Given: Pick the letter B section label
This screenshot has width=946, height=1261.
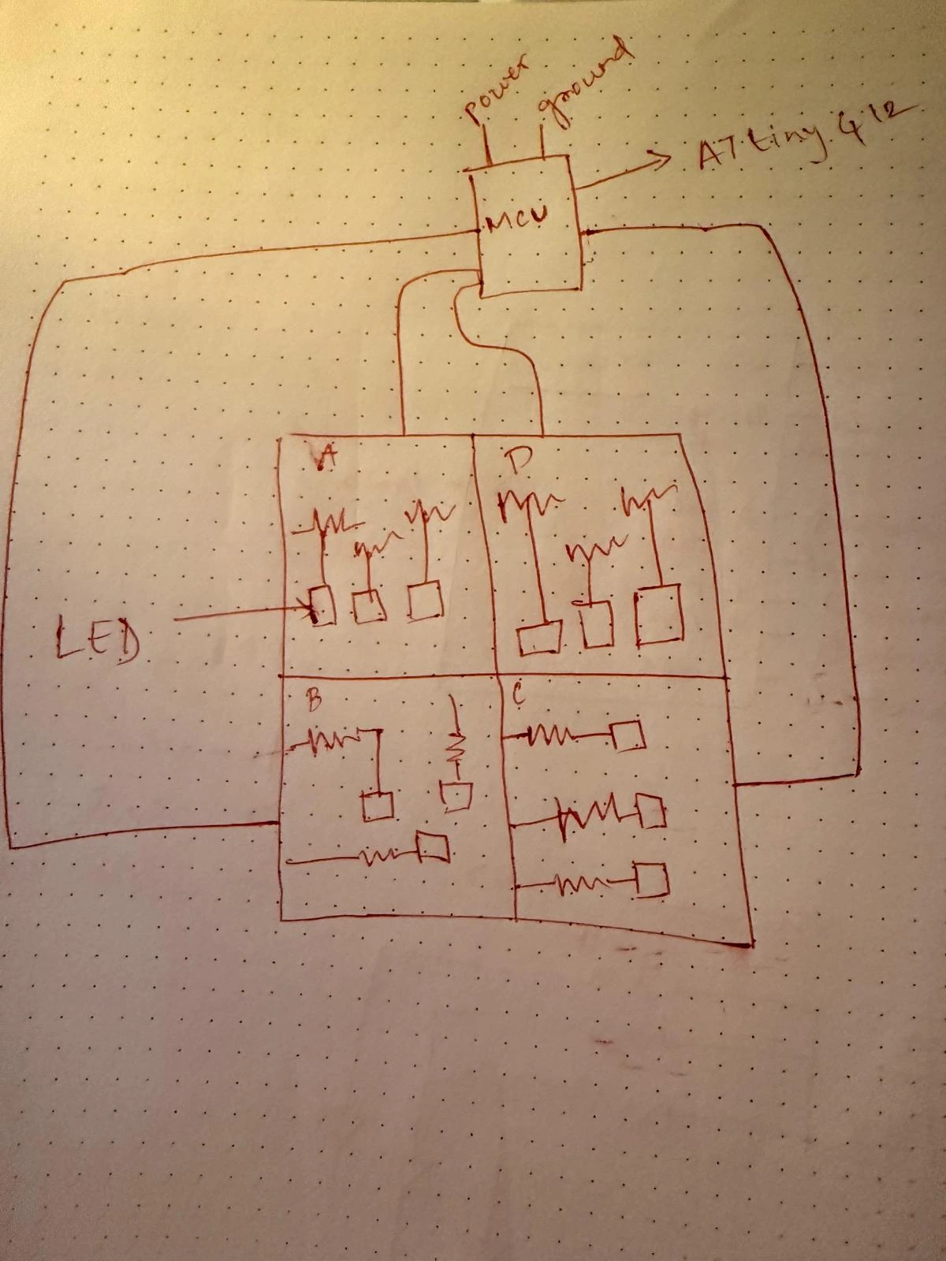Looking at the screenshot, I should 312,701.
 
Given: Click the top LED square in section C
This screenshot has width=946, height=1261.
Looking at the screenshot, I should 629,736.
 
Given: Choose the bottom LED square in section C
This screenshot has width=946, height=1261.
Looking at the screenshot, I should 652,880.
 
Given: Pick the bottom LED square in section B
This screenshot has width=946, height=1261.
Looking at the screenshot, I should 434,847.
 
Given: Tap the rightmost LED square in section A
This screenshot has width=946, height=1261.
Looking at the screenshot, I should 425,601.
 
